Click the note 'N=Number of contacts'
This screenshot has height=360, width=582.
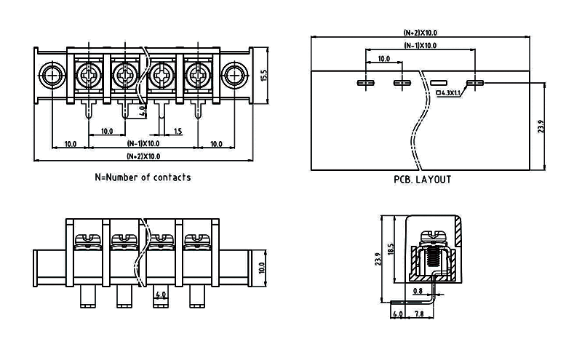(x=143, y=177)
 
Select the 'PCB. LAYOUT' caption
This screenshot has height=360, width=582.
(x=422, y=179)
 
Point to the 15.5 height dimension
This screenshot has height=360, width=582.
(x=265, y=76)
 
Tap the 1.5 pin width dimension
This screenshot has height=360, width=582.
(x=178, y=131)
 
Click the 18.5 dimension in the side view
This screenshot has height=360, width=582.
(x=391, y=249)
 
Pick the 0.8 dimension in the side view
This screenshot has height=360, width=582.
(x=417, y=292)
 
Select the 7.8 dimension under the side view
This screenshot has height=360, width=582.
(x=419, y=314)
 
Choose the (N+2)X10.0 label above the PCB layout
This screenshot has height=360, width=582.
(x=420, y=33)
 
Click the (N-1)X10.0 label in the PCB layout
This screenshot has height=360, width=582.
(x=420, y=45)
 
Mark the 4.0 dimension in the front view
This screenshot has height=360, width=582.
(x=162, y=295)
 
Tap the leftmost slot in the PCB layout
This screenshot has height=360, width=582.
(x=365, y=83)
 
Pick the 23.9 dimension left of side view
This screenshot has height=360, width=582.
(x=379, y=258)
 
